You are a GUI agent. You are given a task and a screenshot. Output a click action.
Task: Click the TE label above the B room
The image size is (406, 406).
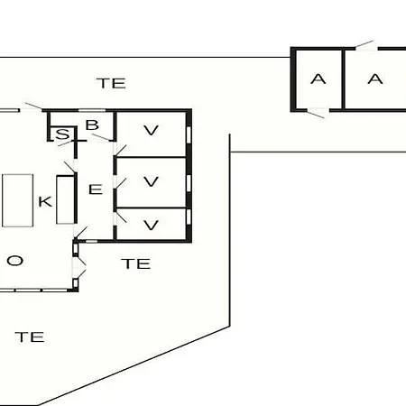pos(111,83)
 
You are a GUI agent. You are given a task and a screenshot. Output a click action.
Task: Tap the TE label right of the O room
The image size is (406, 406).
pos(136,263)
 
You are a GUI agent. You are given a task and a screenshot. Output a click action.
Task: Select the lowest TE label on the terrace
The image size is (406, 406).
pos(30,337)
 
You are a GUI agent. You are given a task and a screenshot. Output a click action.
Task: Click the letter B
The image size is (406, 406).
pos(92,125)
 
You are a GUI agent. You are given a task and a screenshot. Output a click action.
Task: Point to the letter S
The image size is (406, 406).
pos(62,134)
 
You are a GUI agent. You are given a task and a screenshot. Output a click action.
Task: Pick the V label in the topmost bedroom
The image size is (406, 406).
pos(151,130)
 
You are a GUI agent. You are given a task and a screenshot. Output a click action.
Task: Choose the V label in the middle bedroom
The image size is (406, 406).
pos(151,181)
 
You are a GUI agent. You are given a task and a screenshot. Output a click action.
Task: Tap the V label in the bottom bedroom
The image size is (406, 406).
pos(151,225)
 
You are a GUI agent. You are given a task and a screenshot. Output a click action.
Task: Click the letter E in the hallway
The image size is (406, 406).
pos(96,189)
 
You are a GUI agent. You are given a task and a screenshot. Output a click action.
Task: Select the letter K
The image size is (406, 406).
pos(45,201)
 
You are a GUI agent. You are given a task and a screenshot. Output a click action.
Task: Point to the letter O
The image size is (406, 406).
pos(15,261)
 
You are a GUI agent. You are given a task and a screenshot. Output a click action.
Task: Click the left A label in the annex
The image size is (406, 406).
pos(318,79)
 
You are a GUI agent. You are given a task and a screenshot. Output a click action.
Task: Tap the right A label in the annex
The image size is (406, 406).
pos(375,79)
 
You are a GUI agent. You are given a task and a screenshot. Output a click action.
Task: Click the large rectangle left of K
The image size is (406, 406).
pos(18,200)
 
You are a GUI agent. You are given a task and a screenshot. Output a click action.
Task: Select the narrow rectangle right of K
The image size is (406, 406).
pos(65,200)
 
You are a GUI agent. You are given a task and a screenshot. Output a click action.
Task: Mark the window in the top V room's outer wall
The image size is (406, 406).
pos(189,134)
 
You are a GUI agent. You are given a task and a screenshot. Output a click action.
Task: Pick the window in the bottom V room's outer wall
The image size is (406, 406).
pos(189,217)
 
